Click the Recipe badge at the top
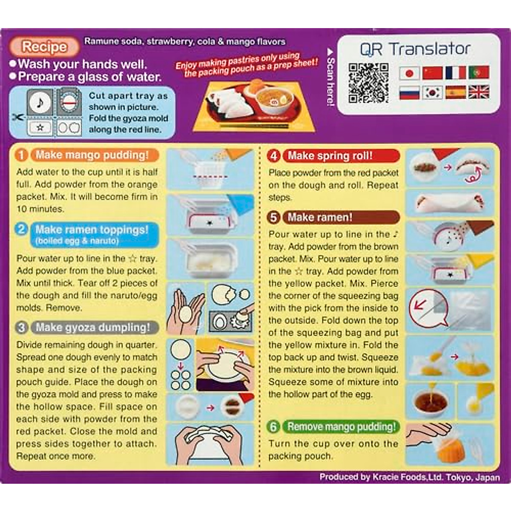click(44, 47)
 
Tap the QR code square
click(368, 83)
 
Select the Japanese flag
click(409, 73)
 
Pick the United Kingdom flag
click(479, 92)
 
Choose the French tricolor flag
click(455, 73)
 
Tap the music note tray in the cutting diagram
click(40, 102)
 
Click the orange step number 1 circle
click(21, 155)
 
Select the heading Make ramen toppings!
click(92, 230)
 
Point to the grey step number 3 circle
click(21, 327)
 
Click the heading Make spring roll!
click(330, 156)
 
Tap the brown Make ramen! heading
click(320, 218)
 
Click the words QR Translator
click(415, 49)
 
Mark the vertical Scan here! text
click(330, 81)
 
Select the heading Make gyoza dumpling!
click(93, 327)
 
